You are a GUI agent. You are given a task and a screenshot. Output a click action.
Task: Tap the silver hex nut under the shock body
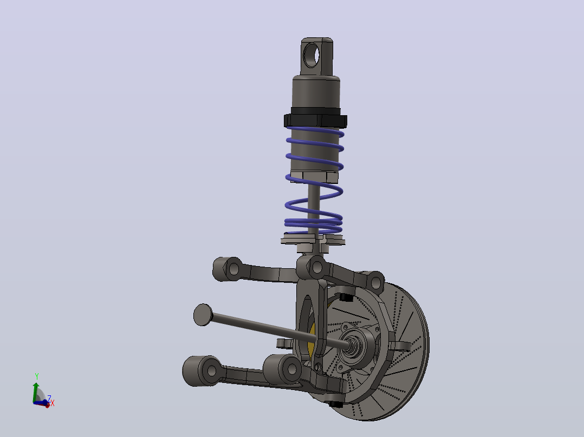click(314, 177)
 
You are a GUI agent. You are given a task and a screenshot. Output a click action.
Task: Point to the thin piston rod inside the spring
click(314, 208)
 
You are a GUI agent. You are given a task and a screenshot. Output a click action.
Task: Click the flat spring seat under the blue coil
click(313, 240)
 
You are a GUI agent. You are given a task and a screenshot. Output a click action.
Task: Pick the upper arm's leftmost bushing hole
click(234, 268)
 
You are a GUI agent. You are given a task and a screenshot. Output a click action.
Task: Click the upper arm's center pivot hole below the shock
click(317, 267)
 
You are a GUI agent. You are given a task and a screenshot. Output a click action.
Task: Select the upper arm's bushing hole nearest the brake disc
click(376, 283)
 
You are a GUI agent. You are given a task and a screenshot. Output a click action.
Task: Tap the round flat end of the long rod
click(203, 315)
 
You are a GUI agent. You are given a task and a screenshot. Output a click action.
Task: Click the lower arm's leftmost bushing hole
click(211, 370)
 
